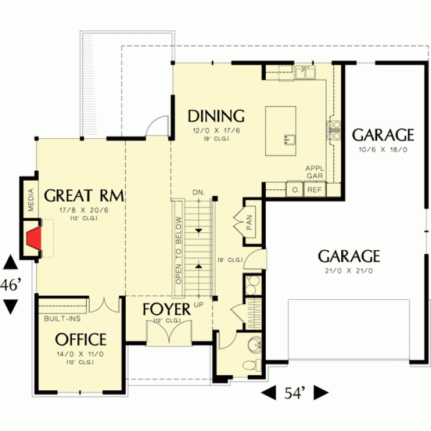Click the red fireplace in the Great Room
[35, 238]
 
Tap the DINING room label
[216, 116]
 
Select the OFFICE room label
[81, 339]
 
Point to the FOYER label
[166, 309]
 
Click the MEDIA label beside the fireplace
[31, 199]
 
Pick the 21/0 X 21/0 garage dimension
[349, 271]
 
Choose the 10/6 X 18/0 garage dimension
[383, 150]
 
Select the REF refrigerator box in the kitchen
[314, 189]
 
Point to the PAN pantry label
[249, 222]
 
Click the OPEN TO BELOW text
[178, 250]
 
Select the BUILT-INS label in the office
[62, 319]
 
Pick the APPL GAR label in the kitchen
[315, 172]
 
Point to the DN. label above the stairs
[199, 192]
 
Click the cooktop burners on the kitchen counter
[333, 130]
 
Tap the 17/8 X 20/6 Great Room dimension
[84, 210]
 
